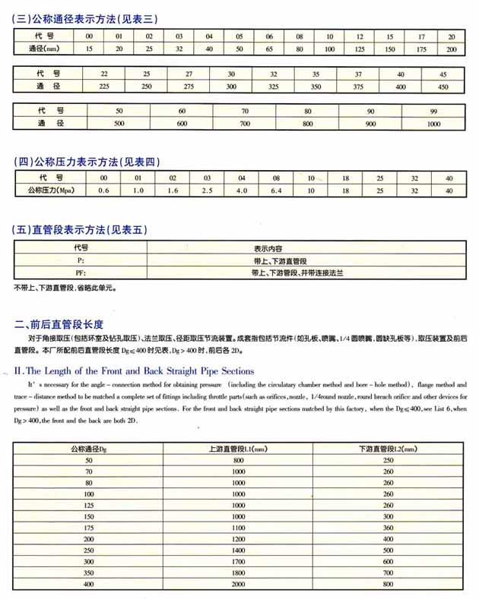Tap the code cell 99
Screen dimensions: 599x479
click(x=433, y=111)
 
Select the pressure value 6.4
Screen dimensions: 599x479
click(x=277, y=191)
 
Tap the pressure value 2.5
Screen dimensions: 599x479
click(x=207, y=191)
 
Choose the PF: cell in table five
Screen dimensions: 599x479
click(x=81, y=272)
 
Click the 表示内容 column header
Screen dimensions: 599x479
click(x=268, y=247)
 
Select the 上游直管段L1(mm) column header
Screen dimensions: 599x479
click(x=238, y=449)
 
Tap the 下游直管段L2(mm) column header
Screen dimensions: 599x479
click(x=388, y=449)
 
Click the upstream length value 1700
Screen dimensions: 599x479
click(x=238, y=561)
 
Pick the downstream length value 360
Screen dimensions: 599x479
click(x=388, y=528)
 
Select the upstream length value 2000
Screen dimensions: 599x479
click(x=238, y=585)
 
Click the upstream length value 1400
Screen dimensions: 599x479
click(x=238, y=550)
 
